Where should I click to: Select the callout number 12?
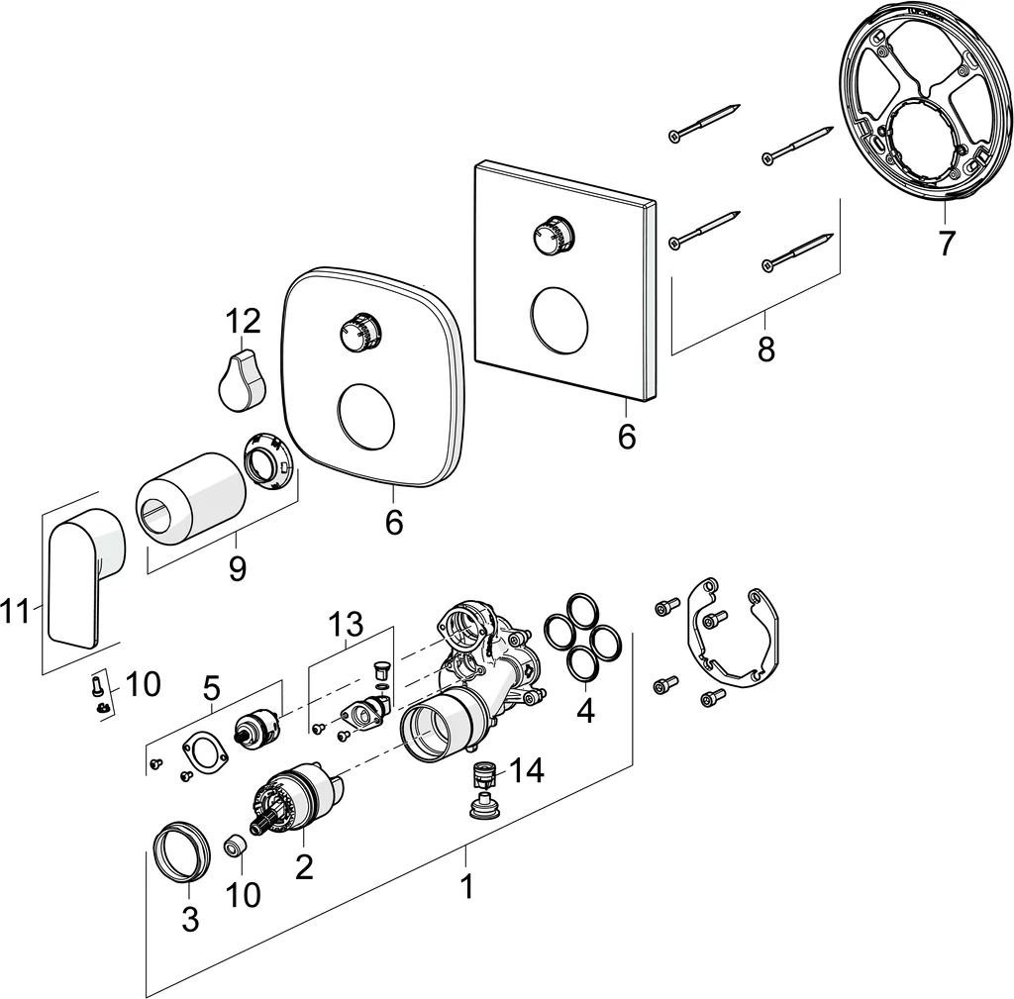coord(243,321)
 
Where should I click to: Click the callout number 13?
coord(347,624)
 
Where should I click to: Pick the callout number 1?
coord(466,886)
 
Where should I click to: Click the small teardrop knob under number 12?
coord(241,380)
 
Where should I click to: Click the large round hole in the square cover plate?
coord(558,319)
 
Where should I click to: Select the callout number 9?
coord(237,568)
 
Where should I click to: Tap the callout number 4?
coord(586,711)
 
